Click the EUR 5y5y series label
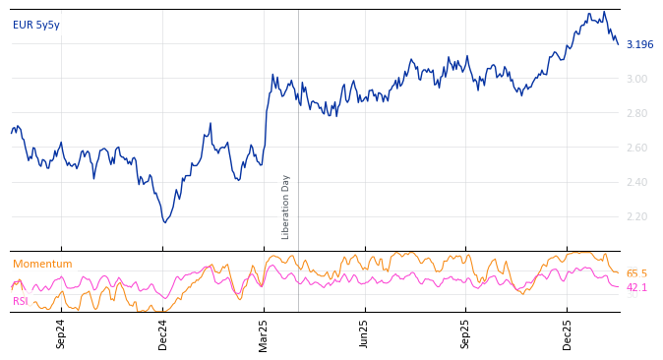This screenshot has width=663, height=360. [36, 26]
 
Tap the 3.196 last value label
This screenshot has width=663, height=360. [639, 45]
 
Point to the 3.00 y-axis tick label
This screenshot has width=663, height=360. [636, 79]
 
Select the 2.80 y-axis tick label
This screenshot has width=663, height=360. [636, 113]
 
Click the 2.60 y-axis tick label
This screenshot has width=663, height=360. [636, 148]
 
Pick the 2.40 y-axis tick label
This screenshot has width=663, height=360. [636, 182]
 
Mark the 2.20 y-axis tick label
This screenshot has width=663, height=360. [636, 216]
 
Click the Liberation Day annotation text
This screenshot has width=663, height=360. [286, 207]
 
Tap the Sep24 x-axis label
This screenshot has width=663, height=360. [61, 333]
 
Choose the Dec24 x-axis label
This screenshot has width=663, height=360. [163, 333]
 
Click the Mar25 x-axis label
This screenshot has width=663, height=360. [264, 333]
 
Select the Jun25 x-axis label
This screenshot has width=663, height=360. [364, 333]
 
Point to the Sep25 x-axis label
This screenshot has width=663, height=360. [466, 333]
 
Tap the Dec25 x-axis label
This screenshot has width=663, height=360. [568, 333]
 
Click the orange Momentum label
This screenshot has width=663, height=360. [42, 265]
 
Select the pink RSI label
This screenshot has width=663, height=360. [21, 301]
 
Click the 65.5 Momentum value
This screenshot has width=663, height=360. [636, 273]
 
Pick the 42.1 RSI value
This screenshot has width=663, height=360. [636, 288]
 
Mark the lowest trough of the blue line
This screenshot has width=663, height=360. [164, 222]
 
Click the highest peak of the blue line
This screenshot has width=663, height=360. [604, 12]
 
